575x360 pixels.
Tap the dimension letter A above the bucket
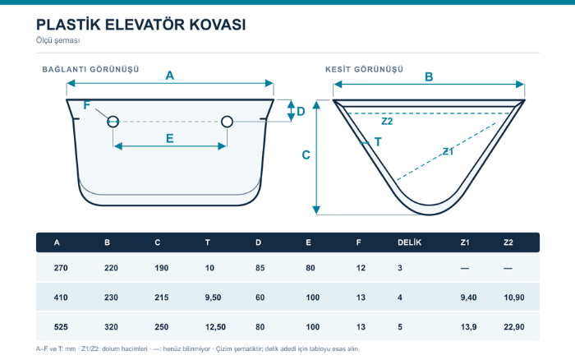[x=169, y=76]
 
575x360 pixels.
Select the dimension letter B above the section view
[x=429, y=77]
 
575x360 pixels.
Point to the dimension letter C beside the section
[x=306, y=155]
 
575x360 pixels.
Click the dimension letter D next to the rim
[x=301, y=111]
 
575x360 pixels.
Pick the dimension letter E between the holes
[x=169, y=139]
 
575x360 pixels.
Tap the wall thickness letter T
[x=378, y=141]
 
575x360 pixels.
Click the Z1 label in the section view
[x=448, y=151]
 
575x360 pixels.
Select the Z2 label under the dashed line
[x=387, y=121]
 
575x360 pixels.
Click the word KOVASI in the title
[x=218, y=25]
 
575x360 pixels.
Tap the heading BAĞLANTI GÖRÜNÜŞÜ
[x=90, y=69]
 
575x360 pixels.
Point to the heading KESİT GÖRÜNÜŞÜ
[x=364, y=69]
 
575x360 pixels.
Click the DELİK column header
[x=409, y=242]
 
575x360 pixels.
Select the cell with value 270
[x=61, y=268]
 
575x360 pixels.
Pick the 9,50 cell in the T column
[x=213, y=298]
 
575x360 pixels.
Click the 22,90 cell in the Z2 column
[x=513, y=326]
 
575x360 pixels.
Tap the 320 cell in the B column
[x=111, y=326]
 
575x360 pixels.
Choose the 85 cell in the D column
[x=260, y=268]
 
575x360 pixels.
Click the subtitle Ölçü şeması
[x=58, y=40]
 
